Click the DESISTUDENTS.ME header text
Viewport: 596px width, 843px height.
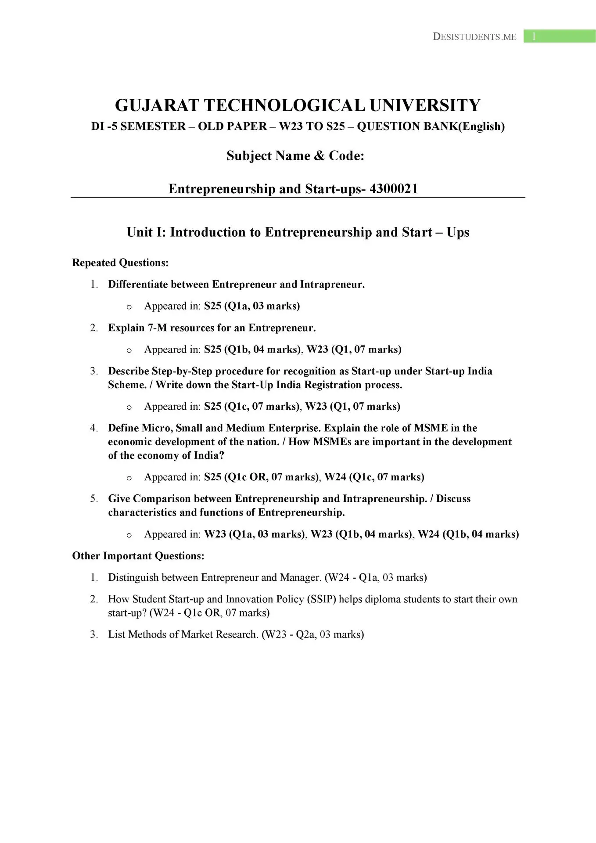474,37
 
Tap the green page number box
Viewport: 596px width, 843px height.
559,36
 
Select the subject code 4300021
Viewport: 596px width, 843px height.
394,189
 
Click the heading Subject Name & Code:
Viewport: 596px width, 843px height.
295,156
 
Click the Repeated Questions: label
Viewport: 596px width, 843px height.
120,263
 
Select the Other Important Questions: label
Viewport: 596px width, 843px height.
138,556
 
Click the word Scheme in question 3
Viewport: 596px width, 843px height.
127,385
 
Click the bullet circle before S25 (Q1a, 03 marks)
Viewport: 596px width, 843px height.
129,307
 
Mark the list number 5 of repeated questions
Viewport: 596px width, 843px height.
93,499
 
